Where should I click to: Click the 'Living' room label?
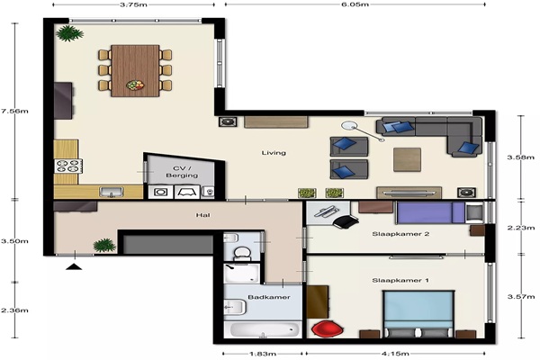274,153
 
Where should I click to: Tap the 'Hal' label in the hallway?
202,215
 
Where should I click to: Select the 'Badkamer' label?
269,297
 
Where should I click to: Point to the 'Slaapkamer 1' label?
400,280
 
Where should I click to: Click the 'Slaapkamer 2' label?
400,234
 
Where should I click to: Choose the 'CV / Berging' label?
182,172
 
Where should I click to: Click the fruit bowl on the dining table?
135,85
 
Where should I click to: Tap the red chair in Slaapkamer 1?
328,328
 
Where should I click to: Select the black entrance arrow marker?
74,266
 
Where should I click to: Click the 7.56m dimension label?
14,111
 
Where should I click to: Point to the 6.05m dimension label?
355,4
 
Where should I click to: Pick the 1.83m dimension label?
263,354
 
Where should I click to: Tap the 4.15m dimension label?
395,354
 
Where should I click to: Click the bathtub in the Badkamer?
264,329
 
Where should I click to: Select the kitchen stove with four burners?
68,166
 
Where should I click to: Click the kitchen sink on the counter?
112,192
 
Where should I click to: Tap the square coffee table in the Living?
407,159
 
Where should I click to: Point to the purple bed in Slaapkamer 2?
430,213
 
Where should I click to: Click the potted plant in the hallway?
104,246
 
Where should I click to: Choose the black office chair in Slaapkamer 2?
346,221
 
